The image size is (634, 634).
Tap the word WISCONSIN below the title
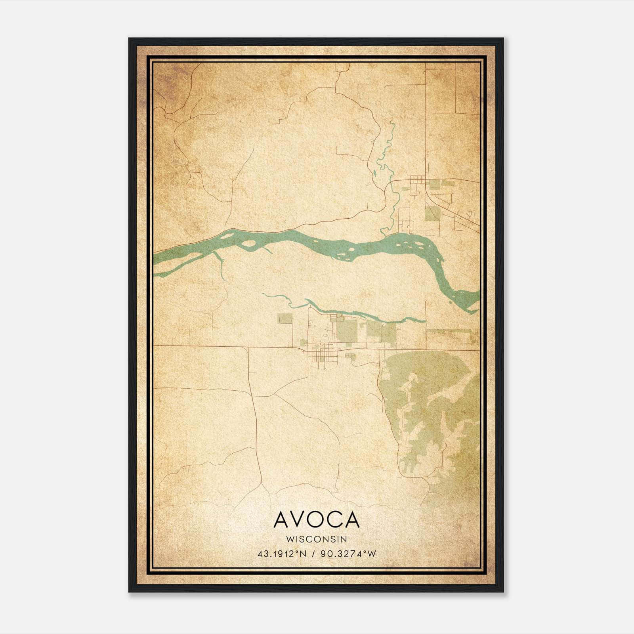[316, 539]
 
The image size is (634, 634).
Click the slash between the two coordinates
[313, 554]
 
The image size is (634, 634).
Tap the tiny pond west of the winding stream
[373, 173]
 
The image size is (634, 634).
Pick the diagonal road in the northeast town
[460, 219]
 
